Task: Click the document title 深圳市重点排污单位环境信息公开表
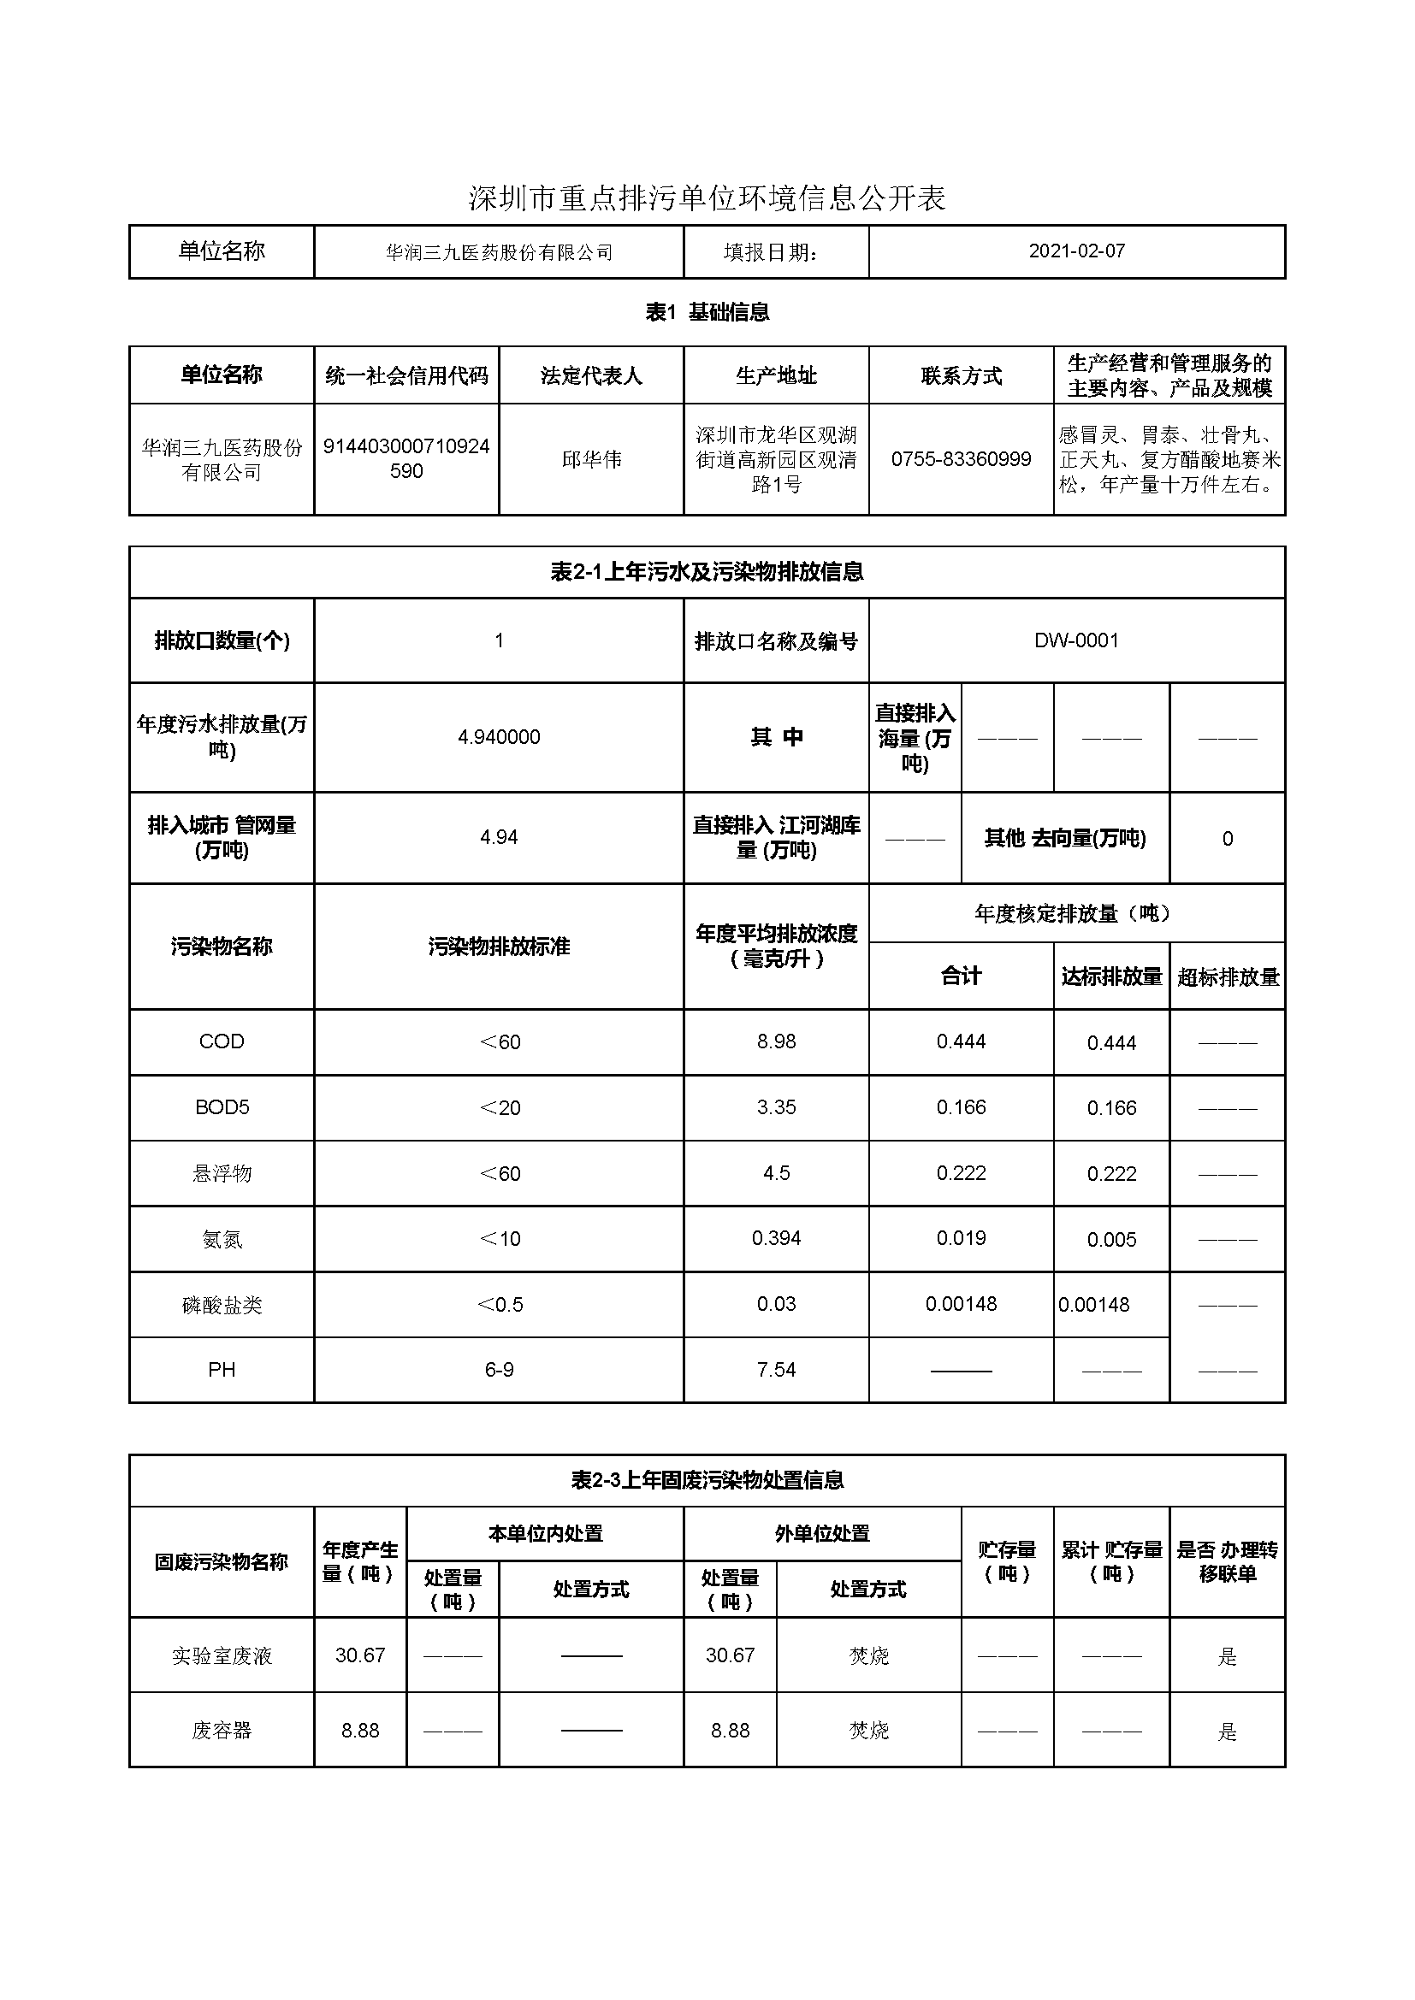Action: [x=707, y=198]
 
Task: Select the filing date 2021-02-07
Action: [x=1076, y=251]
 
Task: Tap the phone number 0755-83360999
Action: [x=960, y=459]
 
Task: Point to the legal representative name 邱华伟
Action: [x=591, y=459]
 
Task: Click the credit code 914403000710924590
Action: [x=406, y=458]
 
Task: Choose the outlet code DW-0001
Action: [x=1076, y=640]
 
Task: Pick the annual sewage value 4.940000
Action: [x=499, y=737]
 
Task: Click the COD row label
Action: [x=222, y=1041]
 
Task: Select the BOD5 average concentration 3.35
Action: [x=775, y=1107]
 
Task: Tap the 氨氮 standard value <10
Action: [x=500, y=1239]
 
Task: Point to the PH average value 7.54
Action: [x=775, y=1370]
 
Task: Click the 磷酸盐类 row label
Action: [x=222, y=1305]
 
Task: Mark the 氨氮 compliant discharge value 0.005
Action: [x=1111, y=1240]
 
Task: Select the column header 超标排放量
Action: [x=1227, y=976]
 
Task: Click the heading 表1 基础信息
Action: [x=707, y=312]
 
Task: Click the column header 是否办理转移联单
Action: [x=1227, y=1562]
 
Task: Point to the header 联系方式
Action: [x=960, y=375]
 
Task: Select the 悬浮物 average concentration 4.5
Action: [x=775, y=1172]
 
